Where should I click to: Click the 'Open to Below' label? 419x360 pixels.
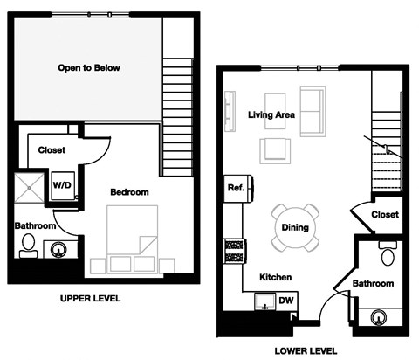coord(88,67)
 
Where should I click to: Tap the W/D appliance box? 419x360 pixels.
coord(62,185)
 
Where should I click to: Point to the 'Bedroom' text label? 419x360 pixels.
coord(128,191)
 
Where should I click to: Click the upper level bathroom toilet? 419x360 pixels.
coord(27,246)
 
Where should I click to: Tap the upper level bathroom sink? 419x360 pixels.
coord(58,249)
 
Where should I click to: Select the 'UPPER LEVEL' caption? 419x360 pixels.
coord(90,299)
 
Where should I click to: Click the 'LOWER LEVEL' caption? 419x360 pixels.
coord(305,350)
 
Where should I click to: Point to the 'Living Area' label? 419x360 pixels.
coord(271,114)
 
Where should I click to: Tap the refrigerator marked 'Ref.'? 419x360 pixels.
coord(236,188)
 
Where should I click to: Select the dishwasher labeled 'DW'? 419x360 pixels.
coord(285,301)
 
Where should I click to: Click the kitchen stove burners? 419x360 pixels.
coord(234,253)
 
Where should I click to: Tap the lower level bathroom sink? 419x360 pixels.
coord(379,316)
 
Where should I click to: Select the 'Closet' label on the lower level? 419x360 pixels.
coord(384,214)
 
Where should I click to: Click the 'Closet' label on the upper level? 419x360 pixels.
coord(52,149)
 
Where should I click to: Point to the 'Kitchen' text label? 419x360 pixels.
coord(275,277)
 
